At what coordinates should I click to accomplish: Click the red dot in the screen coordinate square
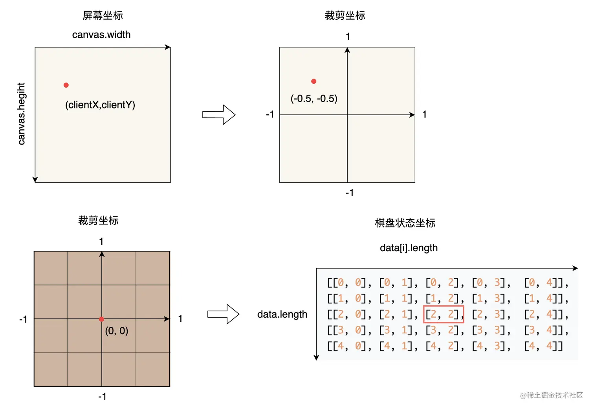[66, 85]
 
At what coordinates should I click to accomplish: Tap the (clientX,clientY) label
[100, 105]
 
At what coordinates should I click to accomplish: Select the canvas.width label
[101, 35]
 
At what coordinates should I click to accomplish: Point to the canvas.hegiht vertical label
[21, 114]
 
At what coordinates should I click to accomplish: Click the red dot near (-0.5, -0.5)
[313, 81]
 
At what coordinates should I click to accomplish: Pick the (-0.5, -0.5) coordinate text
[314, 98]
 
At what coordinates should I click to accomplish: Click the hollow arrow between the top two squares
[219, 115]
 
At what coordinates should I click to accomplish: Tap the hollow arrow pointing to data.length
[223, 314]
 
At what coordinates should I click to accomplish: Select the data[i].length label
[409, 248]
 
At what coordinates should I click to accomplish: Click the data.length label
[282, 314]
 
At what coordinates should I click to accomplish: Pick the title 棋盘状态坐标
[405, 223]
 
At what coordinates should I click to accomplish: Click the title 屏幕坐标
[103, 15]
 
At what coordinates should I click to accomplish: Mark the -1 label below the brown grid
[102, 396]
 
